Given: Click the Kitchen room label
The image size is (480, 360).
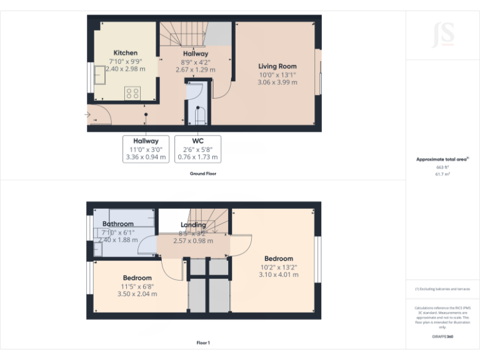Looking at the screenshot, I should [125, 53].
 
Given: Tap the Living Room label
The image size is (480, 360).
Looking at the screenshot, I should [277, 66].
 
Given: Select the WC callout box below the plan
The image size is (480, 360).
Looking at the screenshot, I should [198, 149].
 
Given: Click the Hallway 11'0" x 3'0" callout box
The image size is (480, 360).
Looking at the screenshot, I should [146, 149].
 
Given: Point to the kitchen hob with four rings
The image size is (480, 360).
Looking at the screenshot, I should [132, 93].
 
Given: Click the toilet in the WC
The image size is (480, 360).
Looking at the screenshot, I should [201, 116].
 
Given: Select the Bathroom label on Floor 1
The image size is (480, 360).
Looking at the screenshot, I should [118, 224].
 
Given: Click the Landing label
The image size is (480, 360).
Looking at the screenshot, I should [193, 225].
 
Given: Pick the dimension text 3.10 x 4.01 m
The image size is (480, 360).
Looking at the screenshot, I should [278, 274].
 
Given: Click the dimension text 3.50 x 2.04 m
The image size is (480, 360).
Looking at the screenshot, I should [137, 294].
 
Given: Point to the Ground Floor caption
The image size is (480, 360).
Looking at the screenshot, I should [203, 173].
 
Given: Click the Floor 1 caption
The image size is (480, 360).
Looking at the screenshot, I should [203, 342].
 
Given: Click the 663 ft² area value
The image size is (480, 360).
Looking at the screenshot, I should [442, 167].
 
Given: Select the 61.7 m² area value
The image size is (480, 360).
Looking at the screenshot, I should [442, 174].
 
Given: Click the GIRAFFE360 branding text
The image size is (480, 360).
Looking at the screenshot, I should [442, 336].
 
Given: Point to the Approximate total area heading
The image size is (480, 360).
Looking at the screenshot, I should [442, 159].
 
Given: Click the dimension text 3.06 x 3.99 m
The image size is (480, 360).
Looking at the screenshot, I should [277, 82].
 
